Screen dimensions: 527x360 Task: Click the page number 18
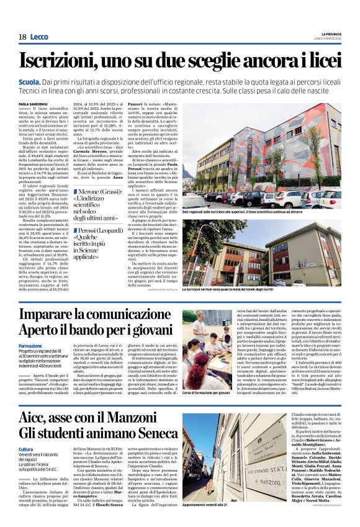pyautogui.click(x=22, y=37)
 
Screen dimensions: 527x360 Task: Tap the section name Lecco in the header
pyautogui.click(x=38, y=37)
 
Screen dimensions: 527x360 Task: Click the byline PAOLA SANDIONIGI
pyautogui.click(x=34, y=104)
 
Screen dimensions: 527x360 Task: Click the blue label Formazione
pyautogui.click(x=30, y=345)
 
